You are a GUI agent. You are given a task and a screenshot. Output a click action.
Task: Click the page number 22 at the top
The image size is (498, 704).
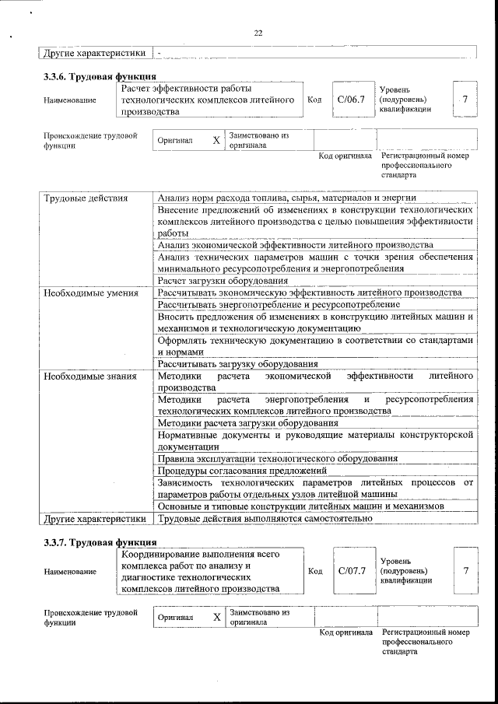click(258, 33)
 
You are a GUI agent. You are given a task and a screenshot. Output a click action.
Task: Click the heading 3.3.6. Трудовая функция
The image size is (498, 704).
click(100, 77)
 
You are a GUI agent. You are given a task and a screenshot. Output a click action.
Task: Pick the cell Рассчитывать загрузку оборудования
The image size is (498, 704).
click(237, 364)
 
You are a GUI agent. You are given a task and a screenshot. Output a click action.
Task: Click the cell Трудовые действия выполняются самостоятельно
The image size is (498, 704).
click(259, 517)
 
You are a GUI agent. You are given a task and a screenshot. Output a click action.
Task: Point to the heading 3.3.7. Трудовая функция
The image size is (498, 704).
click(100, 542)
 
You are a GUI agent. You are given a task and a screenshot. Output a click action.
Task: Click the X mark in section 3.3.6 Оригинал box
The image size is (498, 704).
click(216, 141)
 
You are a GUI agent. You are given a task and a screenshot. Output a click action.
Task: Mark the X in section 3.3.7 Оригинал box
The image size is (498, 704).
click(216, 617)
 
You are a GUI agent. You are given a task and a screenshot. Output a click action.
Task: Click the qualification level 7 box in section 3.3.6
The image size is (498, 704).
click(465, 100)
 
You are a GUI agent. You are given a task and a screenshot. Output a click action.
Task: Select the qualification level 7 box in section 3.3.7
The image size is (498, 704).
click(465, 571)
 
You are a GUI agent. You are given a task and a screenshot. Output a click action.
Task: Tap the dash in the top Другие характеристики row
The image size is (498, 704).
click(159, 53)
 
